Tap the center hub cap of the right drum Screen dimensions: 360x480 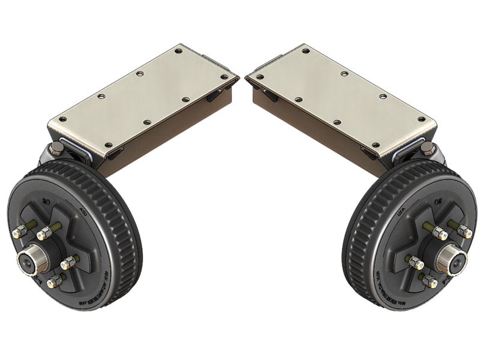click(x=450, y=259)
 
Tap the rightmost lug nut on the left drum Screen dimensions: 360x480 click(x=70, y=262)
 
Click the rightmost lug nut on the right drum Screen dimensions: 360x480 click(x=464, y=230)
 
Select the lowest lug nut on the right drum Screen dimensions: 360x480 click(x=429, y=281)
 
